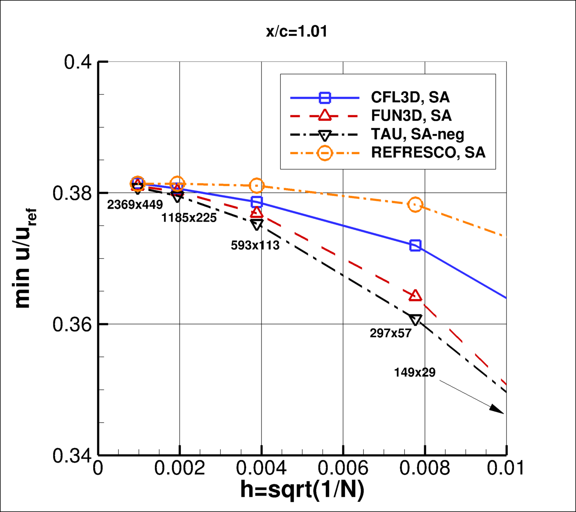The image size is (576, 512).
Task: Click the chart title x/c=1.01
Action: tap(297, 32)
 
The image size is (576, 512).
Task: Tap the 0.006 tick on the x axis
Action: tap(343, 468)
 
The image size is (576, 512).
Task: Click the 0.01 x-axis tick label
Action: tap(505, 468)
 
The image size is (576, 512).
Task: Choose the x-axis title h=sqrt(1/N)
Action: tap(302, 490)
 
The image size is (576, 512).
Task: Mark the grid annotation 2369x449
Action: tap(135, 205)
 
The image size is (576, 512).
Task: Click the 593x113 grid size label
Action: tap(255, 245)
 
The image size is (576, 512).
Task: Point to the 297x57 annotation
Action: tap(391, 333)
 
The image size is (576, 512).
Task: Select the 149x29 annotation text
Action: tap(415, 372)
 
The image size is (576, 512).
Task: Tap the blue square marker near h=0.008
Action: tap(415, 246)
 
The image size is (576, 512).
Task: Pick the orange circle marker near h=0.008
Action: tap(415, 205)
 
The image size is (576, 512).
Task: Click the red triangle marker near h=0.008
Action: tap(415, 296)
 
